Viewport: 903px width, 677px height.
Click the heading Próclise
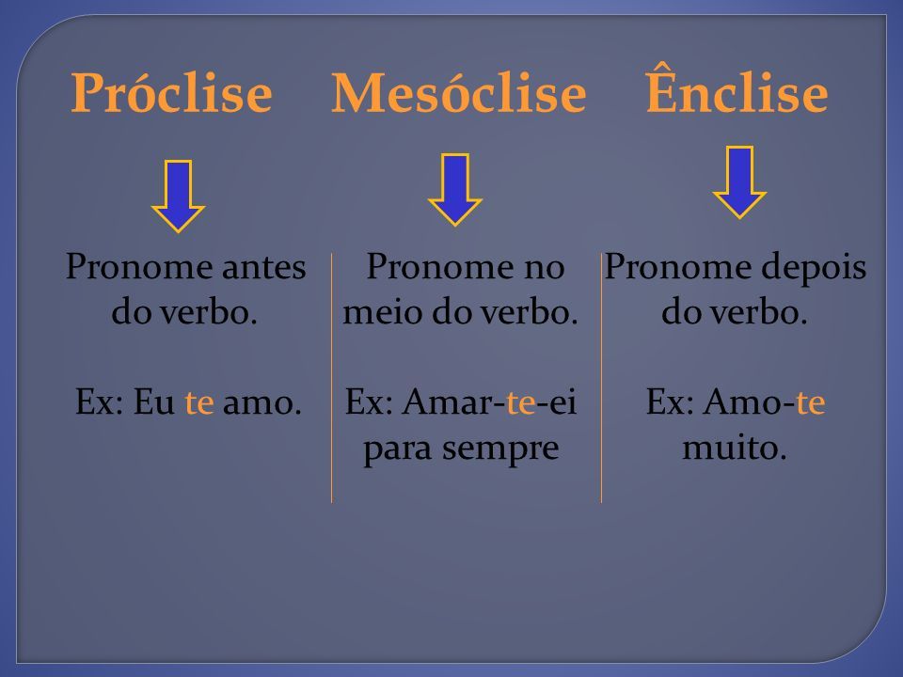coord(171,93)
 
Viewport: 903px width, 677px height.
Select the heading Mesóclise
coord(458,93)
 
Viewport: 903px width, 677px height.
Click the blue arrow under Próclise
coord(178,197)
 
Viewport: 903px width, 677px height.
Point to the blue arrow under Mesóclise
coord(455,189)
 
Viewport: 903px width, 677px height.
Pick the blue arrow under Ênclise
coord(739,181)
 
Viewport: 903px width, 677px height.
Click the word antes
coord(263,267)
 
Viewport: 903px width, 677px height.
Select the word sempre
coord(500,450)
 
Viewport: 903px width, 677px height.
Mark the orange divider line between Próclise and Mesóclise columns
coord(332,378)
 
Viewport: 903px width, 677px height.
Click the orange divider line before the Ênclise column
coord(601,378)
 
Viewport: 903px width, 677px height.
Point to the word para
coord(397,450)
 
